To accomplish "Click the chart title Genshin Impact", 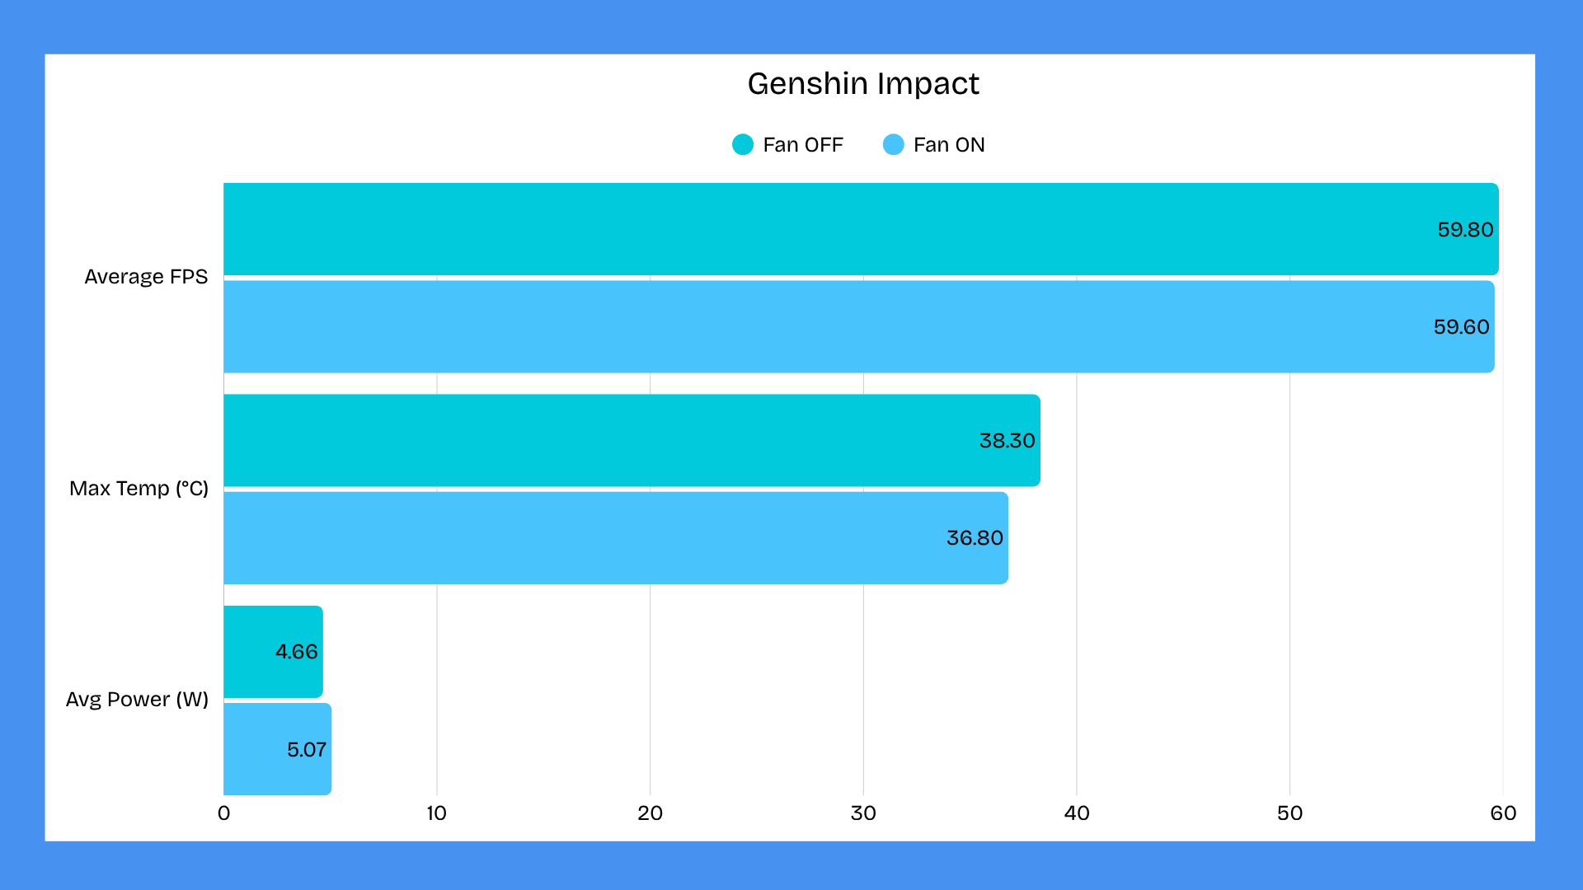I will (862, 84).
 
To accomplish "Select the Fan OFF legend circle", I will (743, 145).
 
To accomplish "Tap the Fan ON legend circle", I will (893, 145).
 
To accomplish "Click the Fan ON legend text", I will (949, 145).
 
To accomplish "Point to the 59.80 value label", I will (1465, 230).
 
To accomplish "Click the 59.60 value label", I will (1461, 327).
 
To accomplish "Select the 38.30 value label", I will (1007, 441).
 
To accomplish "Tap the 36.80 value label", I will (975, 538).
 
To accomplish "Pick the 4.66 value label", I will (296, 652).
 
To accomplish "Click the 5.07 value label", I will (307, 750).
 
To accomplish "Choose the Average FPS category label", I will (146, 277).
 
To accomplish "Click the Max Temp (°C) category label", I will (139, 489).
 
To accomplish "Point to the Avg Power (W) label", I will (137, 700).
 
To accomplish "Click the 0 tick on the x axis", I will (223, 813).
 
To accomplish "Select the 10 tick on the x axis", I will (436, 813).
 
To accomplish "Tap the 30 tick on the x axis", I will (863, 813).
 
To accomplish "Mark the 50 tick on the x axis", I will (1289, 813).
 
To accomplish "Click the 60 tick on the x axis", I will (1503, 813).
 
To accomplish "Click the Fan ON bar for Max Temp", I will (577, 538).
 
